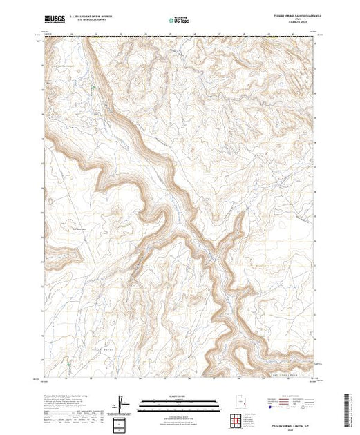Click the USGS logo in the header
54,19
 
